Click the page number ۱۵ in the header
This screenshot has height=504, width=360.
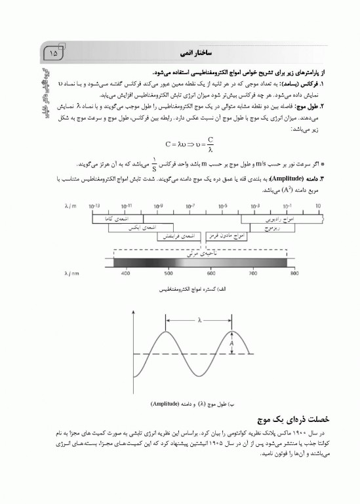click(53, 50)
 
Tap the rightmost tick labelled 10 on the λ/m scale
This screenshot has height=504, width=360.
click(317, 205)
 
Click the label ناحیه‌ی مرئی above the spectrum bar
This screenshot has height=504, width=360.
click(210, 251)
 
